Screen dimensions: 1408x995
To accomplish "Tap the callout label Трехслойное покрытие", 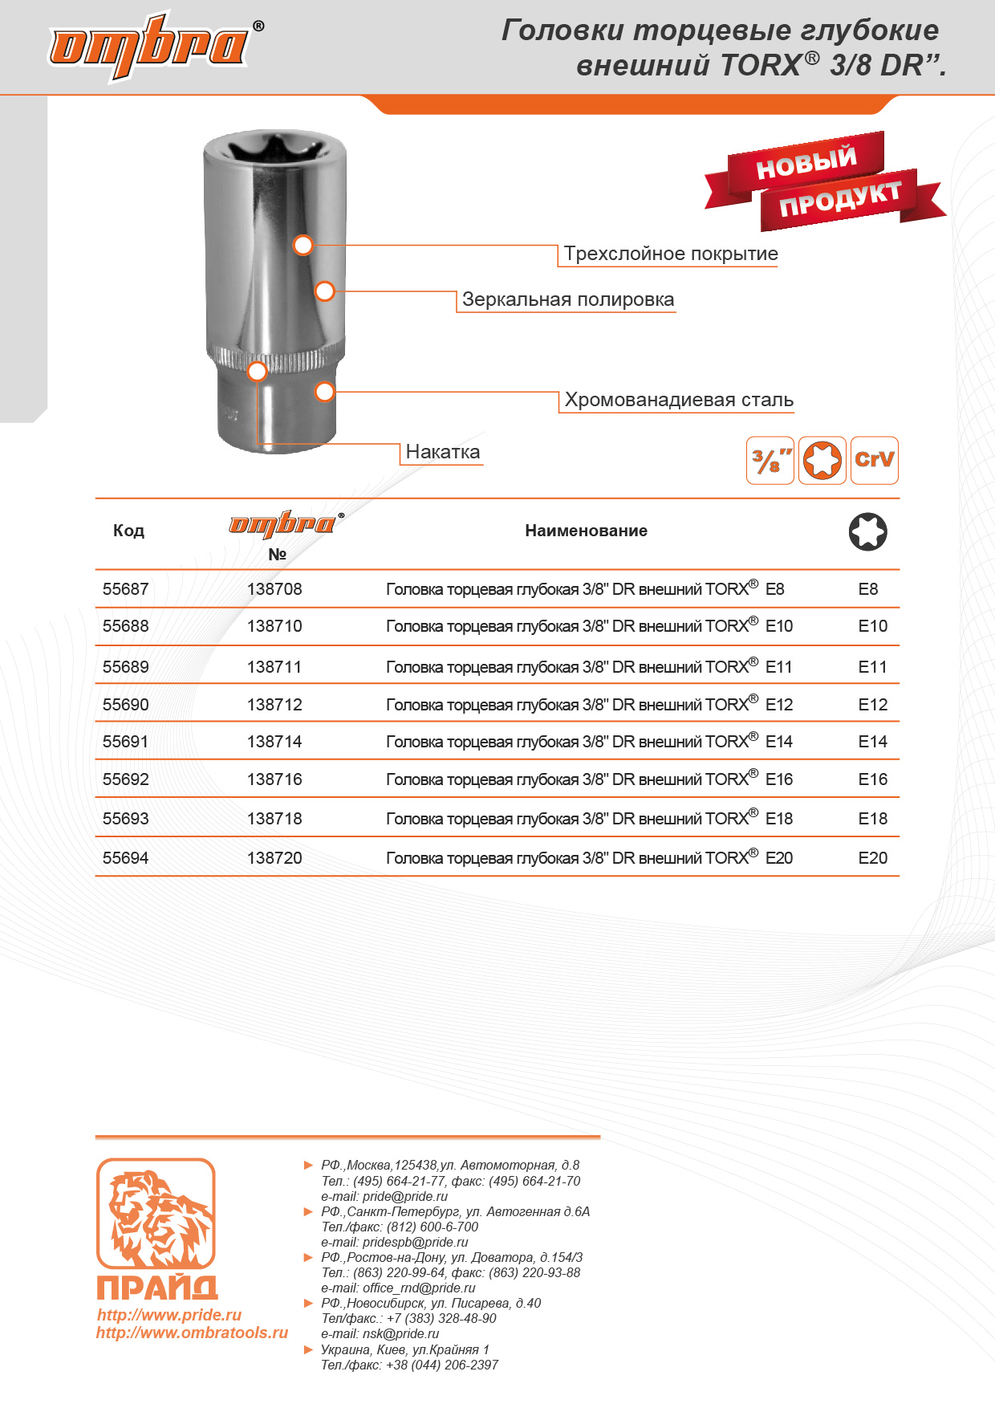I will pos(670,254).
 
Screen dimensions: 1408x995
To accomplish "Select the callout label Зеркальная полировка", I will pos(567,299).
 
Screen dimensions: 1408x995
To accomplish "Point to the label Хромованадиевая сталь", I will pos(678,400).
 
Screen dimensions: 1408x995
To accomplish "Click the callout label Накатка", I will pos(442,452).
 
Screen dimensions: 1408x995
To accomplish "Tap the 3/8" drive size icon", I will pos(770,460).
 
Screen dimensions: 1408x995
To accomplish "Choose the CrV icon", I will pos(874,460).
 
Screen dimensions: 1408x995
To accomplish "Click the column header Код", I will pos(128,531).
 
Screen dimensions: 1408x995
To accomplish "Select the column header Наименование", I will pos(586,531).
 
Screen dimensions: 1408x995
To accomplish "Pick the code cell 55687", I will pos(126,589).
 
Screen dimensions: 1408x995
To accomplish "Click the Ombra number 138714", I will pos(274,742).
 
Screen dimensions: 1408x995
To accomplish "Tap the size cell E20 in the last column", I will pos(872,858).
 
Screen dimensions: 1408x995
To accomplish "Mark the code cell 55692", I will pos(126,779).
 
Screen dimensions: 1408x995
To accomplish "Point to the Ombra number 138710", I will pos(274,626).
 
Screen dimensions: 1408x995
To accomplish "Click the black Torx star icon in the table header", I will pos(867,531).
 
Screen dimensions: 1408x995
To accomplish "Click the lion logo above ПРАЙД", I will pos(156,1214).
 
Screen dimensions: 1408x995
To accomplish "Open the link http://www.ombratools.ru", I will pos(192,1333).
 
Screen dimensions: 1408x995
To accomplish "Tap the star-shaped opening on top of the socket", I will pos(274,152).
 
